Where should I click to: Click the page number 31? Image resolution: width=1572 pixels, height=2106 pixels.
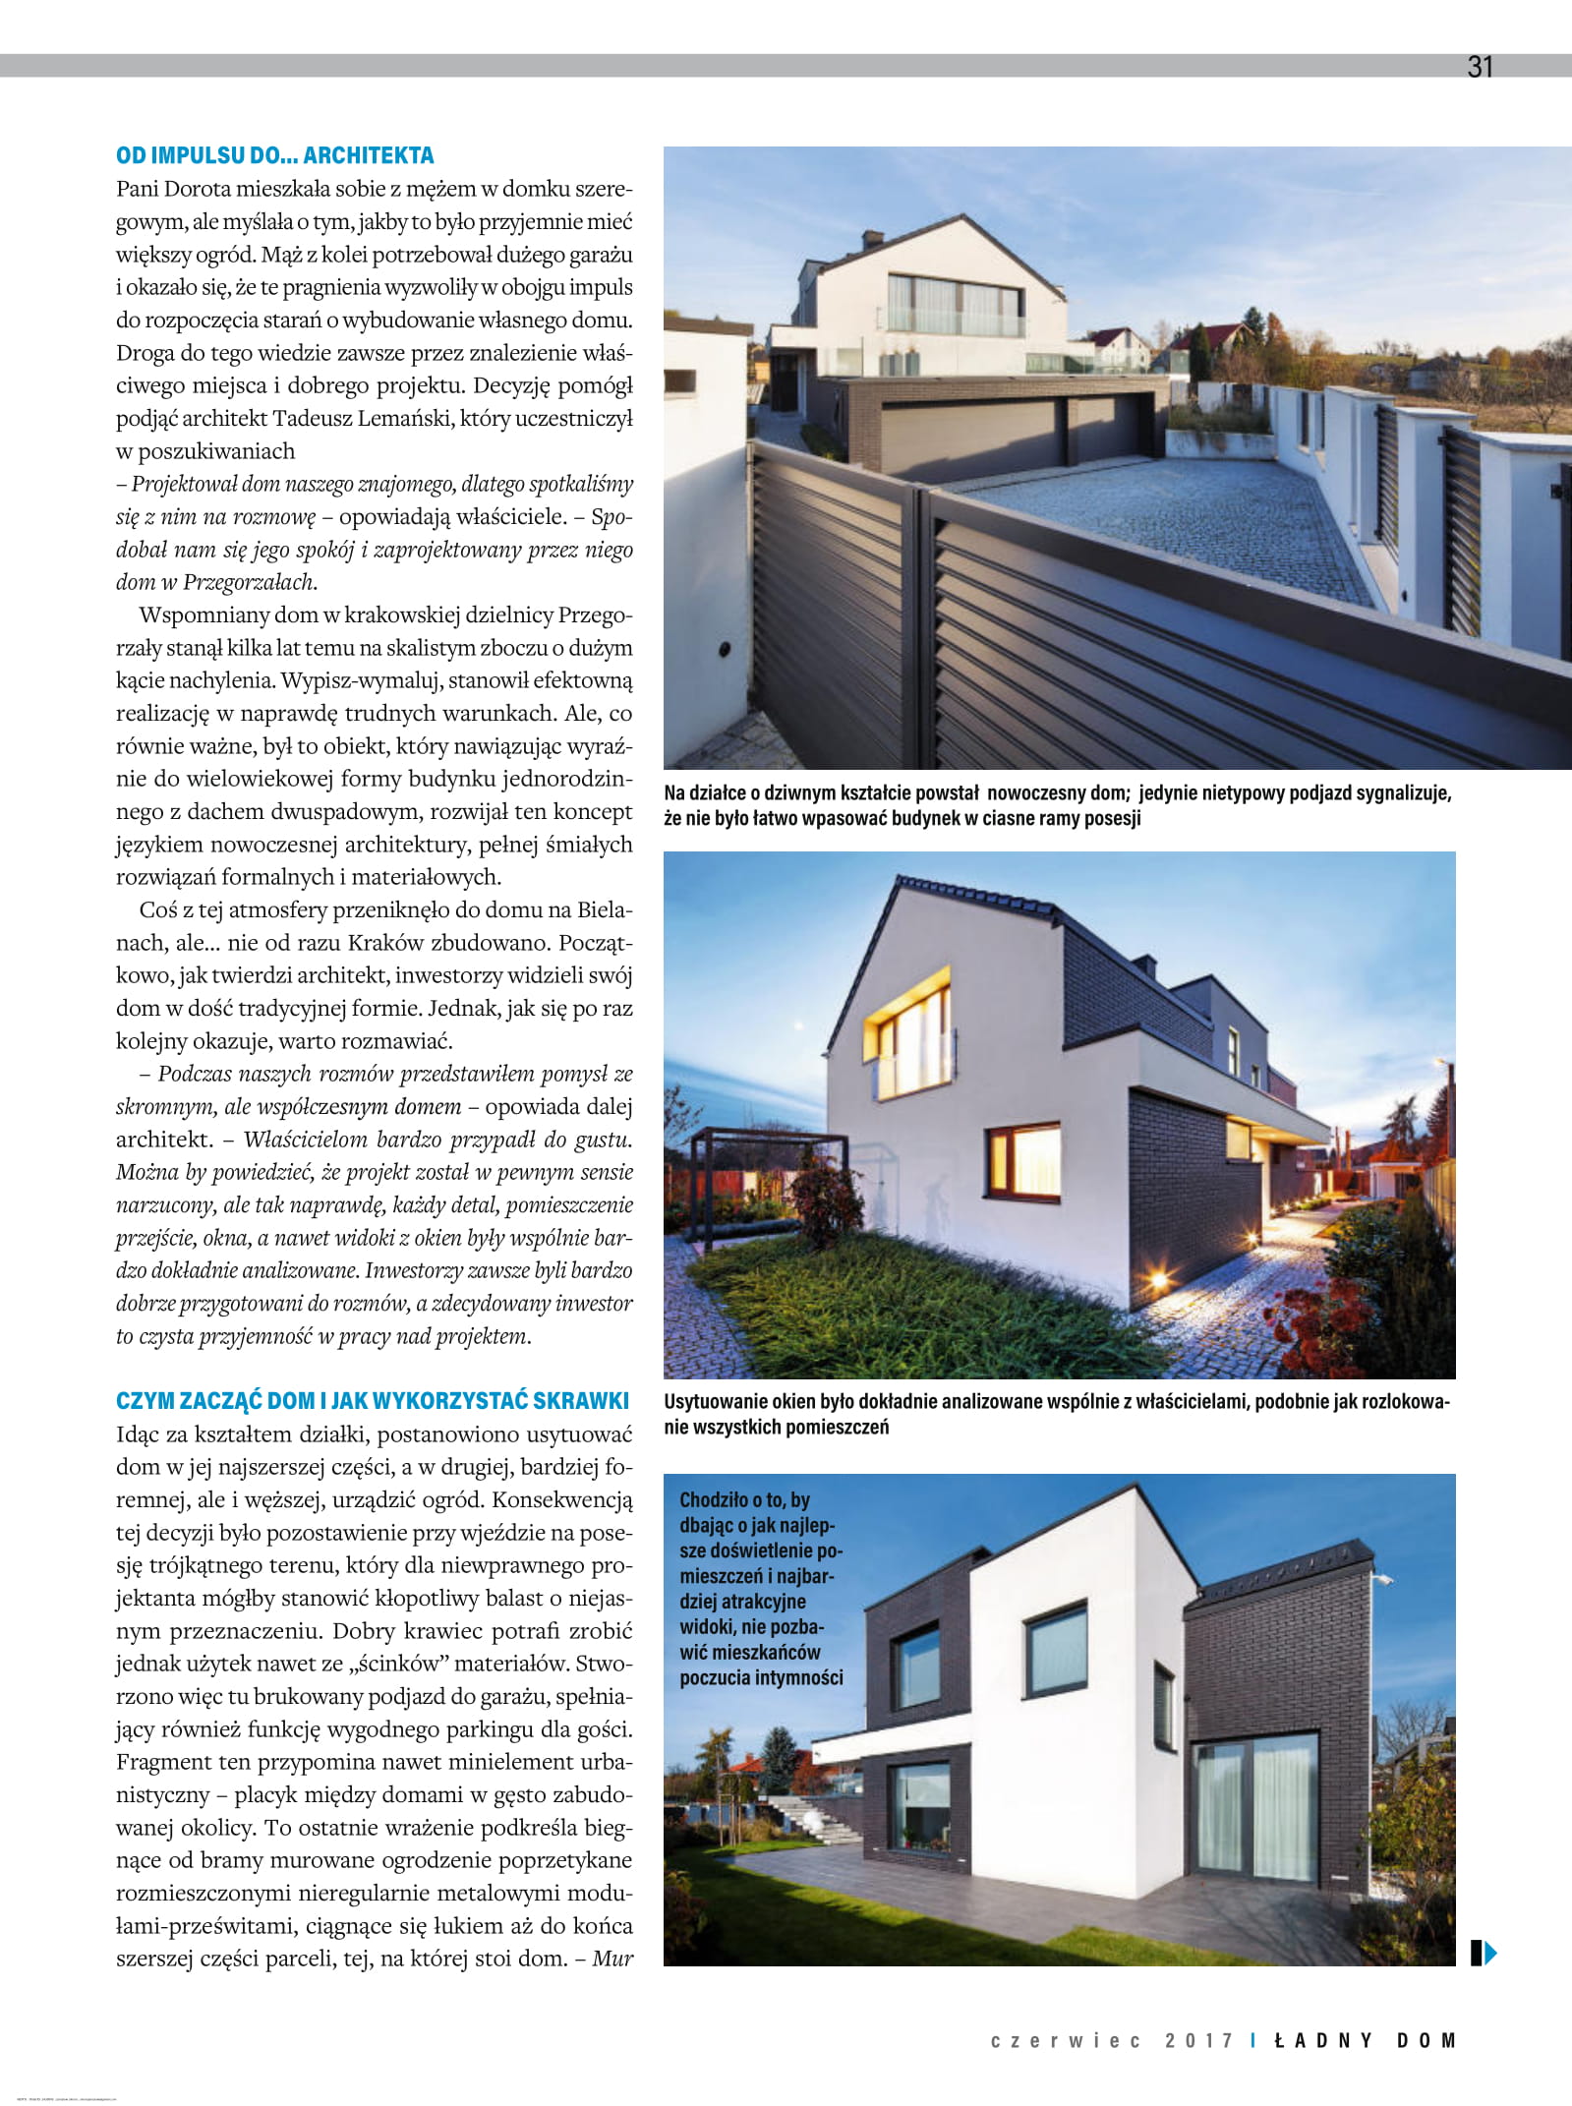click(1480, 67)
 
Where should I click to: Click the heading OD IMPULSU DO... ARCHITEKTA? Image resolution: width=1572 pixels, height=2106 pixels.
click(274, 155)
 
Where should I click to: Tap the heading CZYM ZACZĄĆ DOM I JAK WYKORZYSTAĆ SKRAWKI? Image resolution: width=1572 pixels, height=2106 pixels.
click(373, 1401)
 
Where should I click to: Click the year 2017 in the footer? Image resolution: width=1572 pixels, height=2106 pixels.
click(1198, 2040)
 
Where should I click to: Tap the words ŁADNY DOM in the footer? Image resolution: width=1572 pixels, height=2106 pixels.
click(1365, 2040)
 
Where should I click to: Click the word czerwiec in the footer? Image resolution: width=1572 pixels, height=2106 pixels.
click(1066, 2040)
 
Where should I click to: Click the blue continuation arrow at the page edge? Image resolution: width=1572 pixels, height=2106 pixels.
click(1483, 1953)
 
